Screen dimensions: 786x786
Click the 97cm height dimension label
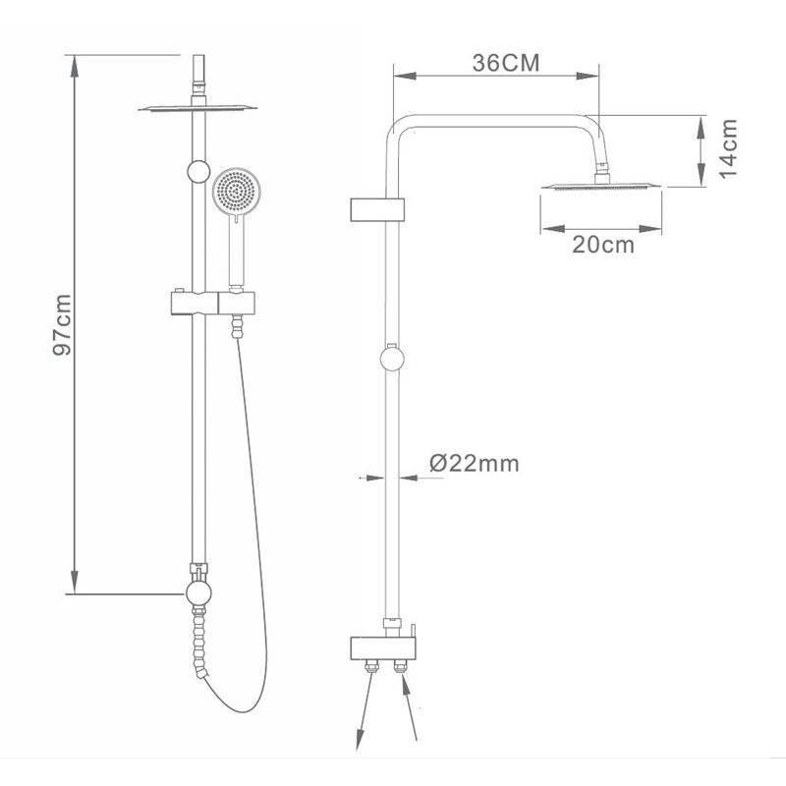(x=62, y=325)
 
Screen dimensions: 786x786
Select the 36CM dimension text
(x=506, y=63)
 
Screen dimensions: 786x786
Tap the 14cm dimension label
(x=728, y=149)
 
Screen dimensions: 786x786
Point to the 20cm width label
(x=603, y=245)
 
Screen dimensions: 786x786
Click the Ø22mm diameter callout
(x=475, y=463)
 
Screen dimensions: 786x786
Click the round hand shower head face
(x=237, y=192)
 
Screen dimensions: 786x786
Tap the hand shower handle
(x=236, y=252)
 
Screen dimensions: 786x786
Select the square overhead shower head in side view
(x=601, y=186)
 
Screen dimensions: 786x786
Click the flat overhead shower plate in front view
(x=197, y=108)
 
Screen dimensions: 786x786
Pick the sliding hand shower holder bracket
(x=213, y=303)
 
